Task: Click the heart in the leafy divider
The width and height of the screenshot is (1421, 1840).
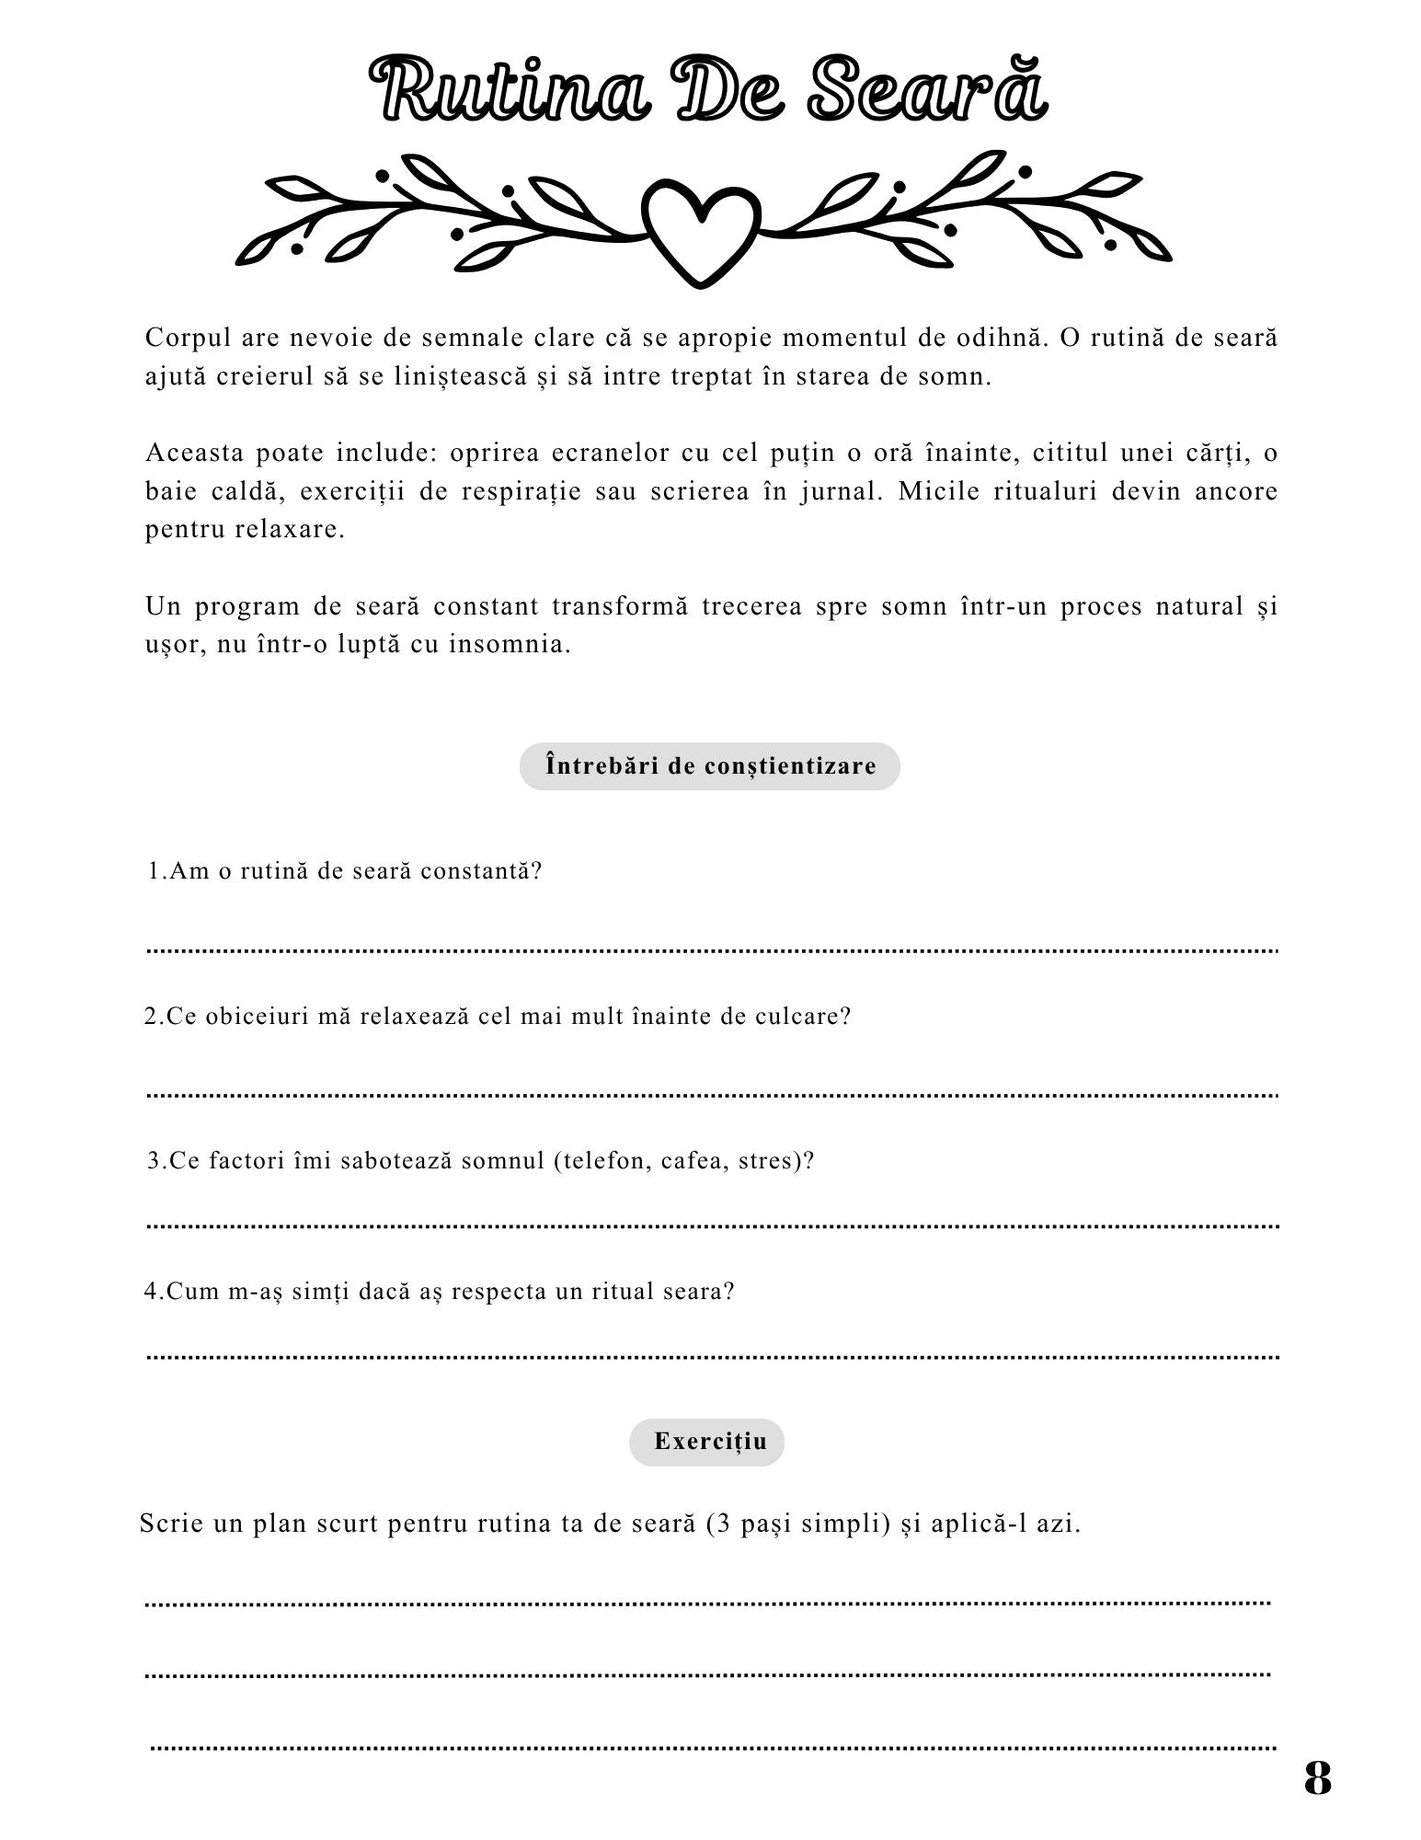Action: (x=701, y=229)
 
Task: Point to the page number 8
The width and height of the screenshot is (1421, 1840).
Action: (x=1317, y=1778)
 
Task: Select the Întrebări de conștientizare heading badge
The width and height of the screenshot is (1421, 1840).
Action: (x=709, y=766)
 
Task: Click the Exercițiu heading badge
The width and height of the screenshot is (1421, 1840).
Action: (x=709, y=1442)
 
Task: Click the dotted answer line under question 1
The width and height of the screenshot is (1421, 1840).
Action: (x=713, y=949)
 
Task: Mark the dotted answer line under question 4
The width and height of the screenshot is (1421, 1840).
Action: (x=713, y=1357)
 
